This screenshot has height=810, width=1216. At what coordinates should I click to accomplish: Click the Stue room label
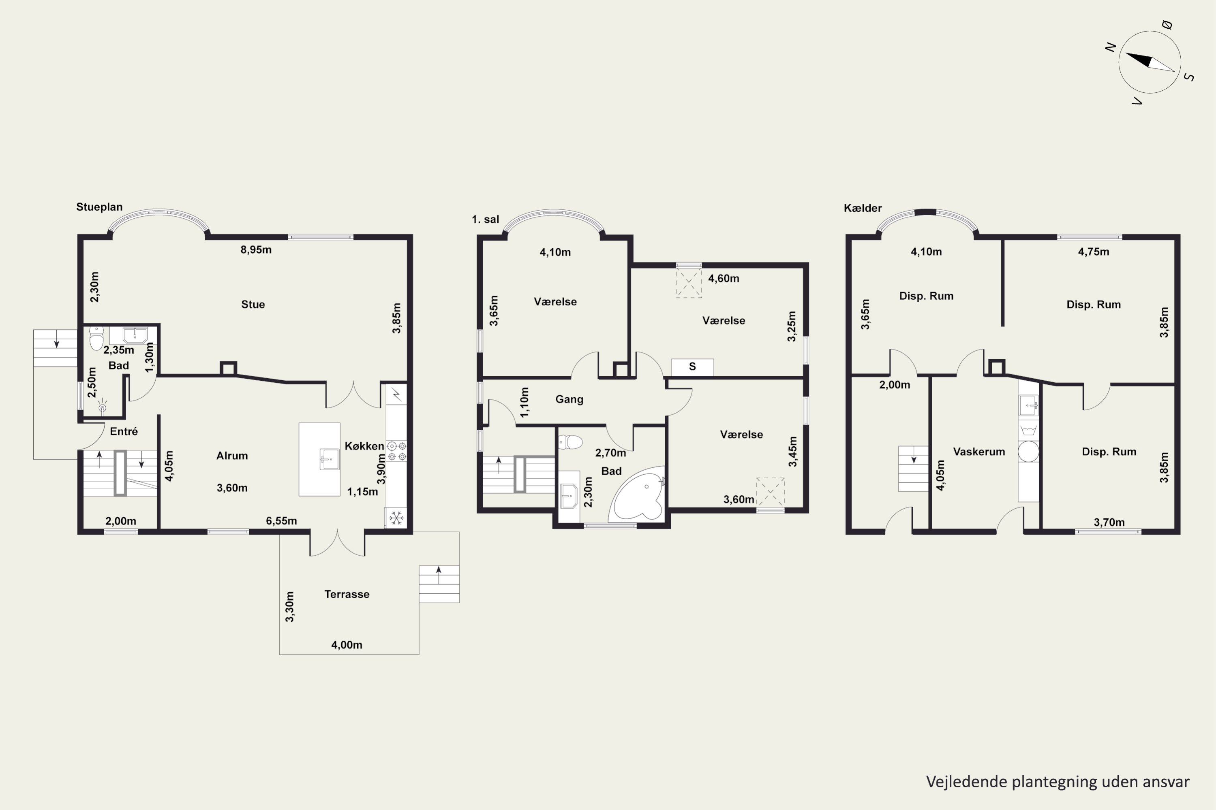[253, 304]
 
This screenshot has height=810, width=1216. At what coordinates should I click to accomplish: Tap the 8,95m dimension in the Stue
[256, 250]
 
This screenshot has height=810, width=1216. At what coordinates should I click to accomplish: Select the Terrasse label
[347, 594]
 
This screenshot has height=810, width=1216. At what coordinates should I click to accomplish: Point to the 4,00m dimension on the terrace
[347, 645]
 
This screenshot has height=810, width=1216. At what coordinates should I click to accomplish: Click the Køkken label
[364, 446]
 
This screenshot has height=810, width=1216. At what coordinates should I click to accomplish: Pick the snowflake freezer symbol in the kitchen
[396, 518]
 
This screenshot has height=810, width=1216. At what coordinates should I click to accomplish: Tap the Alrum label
[232, 456]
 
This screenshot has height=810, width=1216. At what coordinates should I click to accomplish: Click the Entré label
[124, 431]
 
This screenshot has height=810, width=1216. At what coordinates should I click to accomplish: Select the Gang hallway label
[569, 399]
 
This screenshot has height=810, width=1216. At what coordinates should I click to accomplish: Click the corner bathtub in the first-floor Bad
[638, 495]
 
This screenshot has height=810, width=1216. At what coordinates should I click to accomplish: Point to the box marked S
[692, 367]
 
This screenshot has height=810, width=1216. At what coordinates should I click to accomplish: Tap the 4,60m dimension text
[724, 279]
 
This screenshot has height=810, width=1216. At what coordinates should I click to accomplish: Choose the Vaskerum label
[979, 452]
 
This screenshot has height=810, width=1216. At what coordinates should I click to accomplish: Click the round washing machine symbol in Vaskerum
[1028, 451]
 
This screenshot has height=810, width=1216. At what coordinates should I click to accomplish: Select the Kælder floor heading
[863, 208]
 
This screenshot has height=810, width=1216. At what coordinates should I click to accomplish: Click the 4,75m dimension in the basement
[1094, 252]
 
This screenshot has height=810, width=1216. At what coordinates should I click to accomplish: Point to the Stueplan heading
[99, 207]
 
